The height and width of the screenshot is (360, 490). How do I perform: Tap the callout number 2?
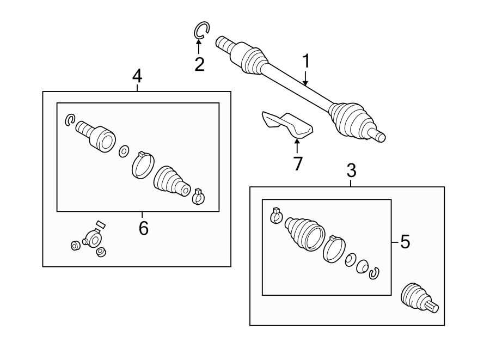pyautogui.click(x=200, y=65)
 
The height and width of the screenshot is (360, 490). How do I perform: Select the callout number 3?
pyautogui.click(x=351, y=171)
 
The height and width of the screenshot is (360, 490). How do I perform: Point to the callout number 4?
pyautogui.click(x=137, y=76)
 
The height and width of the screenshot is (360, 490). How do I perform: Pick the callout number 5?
pyautogui.click(x=405, y=242)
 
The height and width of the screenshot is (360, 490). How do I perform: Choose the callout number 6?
pyautogui.click(x=143, y=228)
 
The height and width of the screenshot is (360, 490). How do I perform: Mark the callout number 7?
pyautogui.click(x=297, y=163)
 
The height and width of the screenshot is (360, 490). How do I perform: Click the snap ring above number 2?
pyautogui.click(x=201, y=30)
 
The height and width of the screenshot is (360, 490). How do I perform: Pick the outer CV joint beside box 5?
pyautogui.click(x=418, y=299)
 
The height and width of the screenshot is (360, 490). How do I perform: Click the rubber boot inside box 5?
pyautogui.click(x=304, y=235)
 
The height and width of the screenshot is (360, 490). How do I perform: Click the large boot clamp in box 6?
pyautogui.click(x=143, y=164)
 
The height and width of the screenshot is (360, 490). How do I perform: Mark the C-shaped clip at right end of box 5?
pyautogui.click(x=373, y=273)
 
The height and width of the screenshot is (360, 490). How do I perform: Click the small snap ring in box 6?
pyautogui.click(x=69, y=120)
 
